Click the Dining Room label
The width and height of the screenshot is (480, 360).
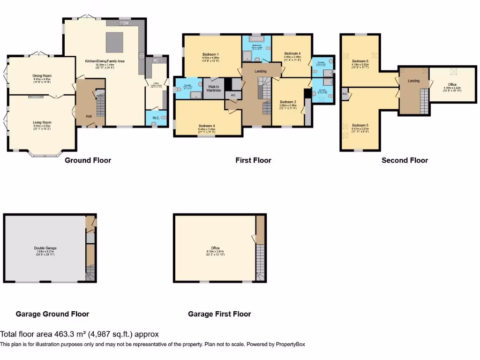pos(42,75)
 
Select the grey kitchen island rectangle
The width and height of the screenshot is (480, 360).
pos(115,42)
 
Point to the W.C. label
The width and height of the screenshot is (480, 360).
pos(155,118)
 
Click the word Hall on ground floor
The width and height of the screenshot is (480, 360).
pos(89,116)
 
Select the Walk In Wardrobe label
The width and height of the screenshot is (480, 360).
pos(213,88)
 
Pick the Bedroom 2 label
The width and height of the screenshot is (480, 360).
pos(288,102)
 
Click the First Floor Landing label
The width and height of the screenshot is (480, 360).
pos(261,71)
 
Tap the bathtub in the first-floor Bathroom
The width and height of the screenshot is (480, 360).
pos(256,41)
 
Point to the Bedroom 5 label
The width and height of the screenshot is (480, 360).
pos(360,125)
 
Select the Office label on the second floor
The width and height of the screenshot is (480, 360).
pos(452,84)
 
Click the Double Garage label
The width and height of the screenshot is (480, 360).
pos(45,248)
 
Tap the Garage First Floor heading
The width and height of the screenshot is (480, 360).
pos(219,314)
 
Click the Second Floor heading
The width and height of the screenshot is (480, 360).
pos(405,160)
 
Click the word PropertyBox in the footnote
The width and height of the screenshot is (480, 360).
pos(289,344)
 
